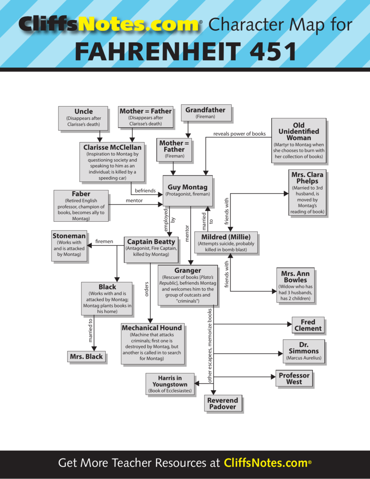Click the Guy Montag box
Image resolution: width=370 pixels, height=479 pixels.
point(188,191)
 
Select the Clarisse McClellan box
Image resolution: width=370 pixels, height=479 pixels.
point(112,162)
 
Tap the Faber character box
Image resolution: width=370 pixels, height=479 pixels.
point(81,206)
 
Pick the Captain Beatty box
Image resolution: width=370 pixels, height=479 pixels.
point(151,250)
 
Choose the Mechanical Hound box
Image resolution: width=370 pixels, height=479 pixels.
point(152,344)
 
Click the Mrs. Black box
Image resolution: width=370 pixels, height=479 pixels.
point(86,356)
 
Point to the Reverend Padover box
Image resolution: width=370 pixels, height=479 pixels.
point(223,403)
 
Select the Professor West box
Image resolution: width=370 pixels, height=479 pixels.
point(294,378)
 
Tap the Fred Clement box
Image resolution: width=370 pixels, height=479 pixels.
point(308,326)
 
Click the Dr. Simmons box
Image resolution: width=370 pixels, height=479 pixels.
point(304,351)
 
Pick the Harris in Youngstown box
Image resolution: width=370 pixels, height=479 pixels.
point(170,384)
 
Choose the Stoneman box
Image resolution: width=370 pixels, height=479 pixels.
point(69,246)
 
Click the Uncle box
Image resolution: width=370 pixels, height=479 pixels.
point(83,118)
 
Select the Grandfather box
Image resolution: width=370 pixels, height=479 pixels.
point(206,113)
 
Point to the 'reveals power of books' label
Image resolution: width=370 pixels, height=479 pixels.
point(239,134)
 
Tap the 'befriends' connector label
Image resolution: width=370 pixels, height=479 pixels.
point(145,191)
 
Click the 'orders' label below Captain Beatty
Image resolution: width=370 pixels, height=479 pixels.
point(147,289)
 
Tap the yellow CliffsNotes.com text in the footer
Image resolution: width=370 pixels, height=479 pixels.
point(266,463)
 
